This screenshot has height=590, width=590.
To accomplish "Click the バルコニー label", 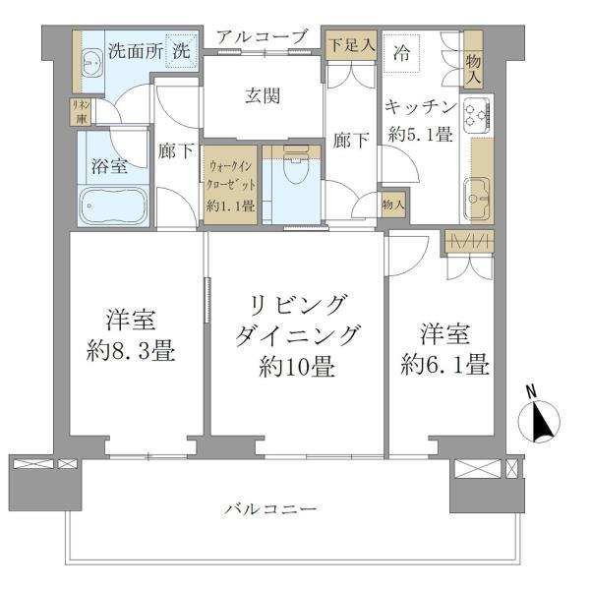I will click(270, 509).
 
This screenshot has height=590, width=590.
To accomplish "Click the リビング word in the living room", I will click(298, 306).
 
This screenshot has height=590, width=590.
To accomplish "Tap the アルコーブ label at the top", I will click(263, 36).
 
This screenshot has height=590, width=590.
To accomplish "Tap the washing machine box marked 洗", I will click(182, 50).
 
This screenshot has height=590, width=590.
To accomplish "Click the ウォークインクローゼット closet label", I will click(231, 185).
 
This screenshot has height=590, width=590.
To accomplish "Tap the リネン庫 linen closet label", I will click(79, 110).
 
